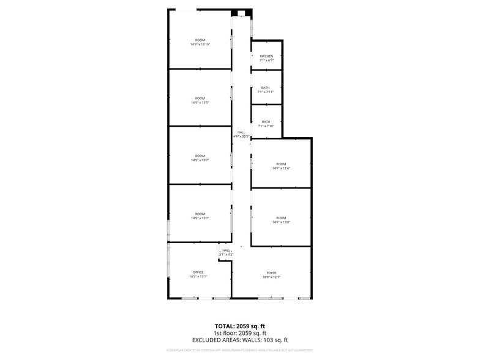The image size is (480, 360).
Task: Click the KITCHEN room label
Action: tap(266, 56)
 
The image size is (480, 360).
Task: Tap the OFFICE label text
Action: tap(198, 272)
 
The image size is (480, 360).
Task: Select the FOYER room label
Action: tap(271, 272)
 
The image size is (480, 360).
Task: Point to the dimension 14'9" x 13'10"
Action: tap(200, 45)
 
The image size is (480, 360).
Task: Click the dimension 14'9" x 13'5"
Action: tap(200, 102)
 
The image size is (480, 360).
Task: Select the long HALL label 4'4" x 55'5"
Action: tap(241, 132)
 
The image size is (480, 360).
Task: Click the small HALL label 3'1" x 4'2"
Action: tap(227, 250)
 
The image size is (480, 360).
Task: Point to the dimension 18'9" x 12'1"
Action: tap(271, 277)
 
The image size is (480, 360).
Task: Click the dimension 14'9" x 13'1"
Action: tap(198, 277)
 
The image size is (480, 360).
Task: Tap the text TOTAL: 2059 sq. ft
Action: tap(239, 326)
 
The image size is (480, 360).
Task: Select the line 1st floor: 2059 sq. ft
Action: tap(239, 333)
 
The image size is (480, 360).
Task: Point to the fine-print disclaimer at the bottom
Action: tap(239, 350)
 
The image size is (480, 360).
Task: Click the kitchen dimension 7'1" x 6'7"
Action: tap(266, 60)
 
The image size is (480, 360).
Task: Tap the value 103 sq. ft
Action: tap(276, 340)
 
